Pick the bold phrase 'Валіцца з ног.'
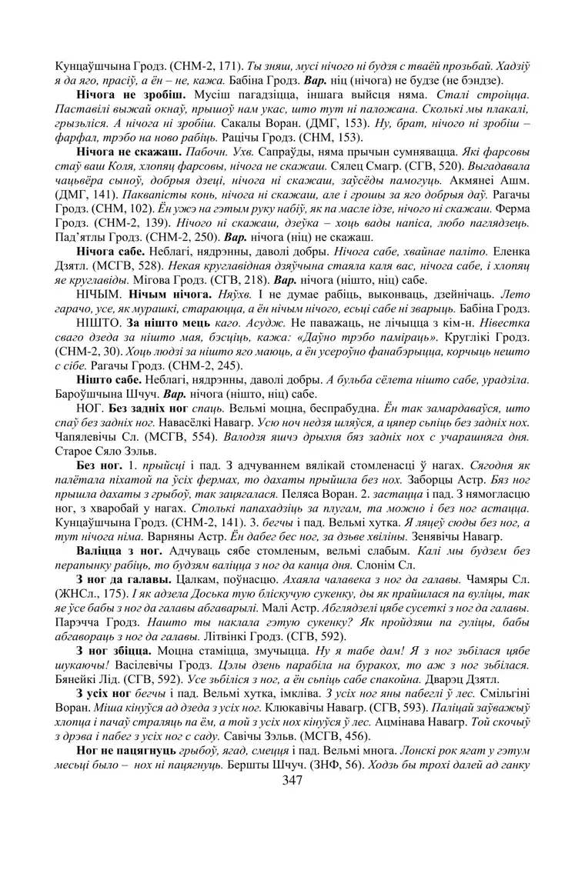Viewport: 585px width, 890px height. (119, 551)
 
